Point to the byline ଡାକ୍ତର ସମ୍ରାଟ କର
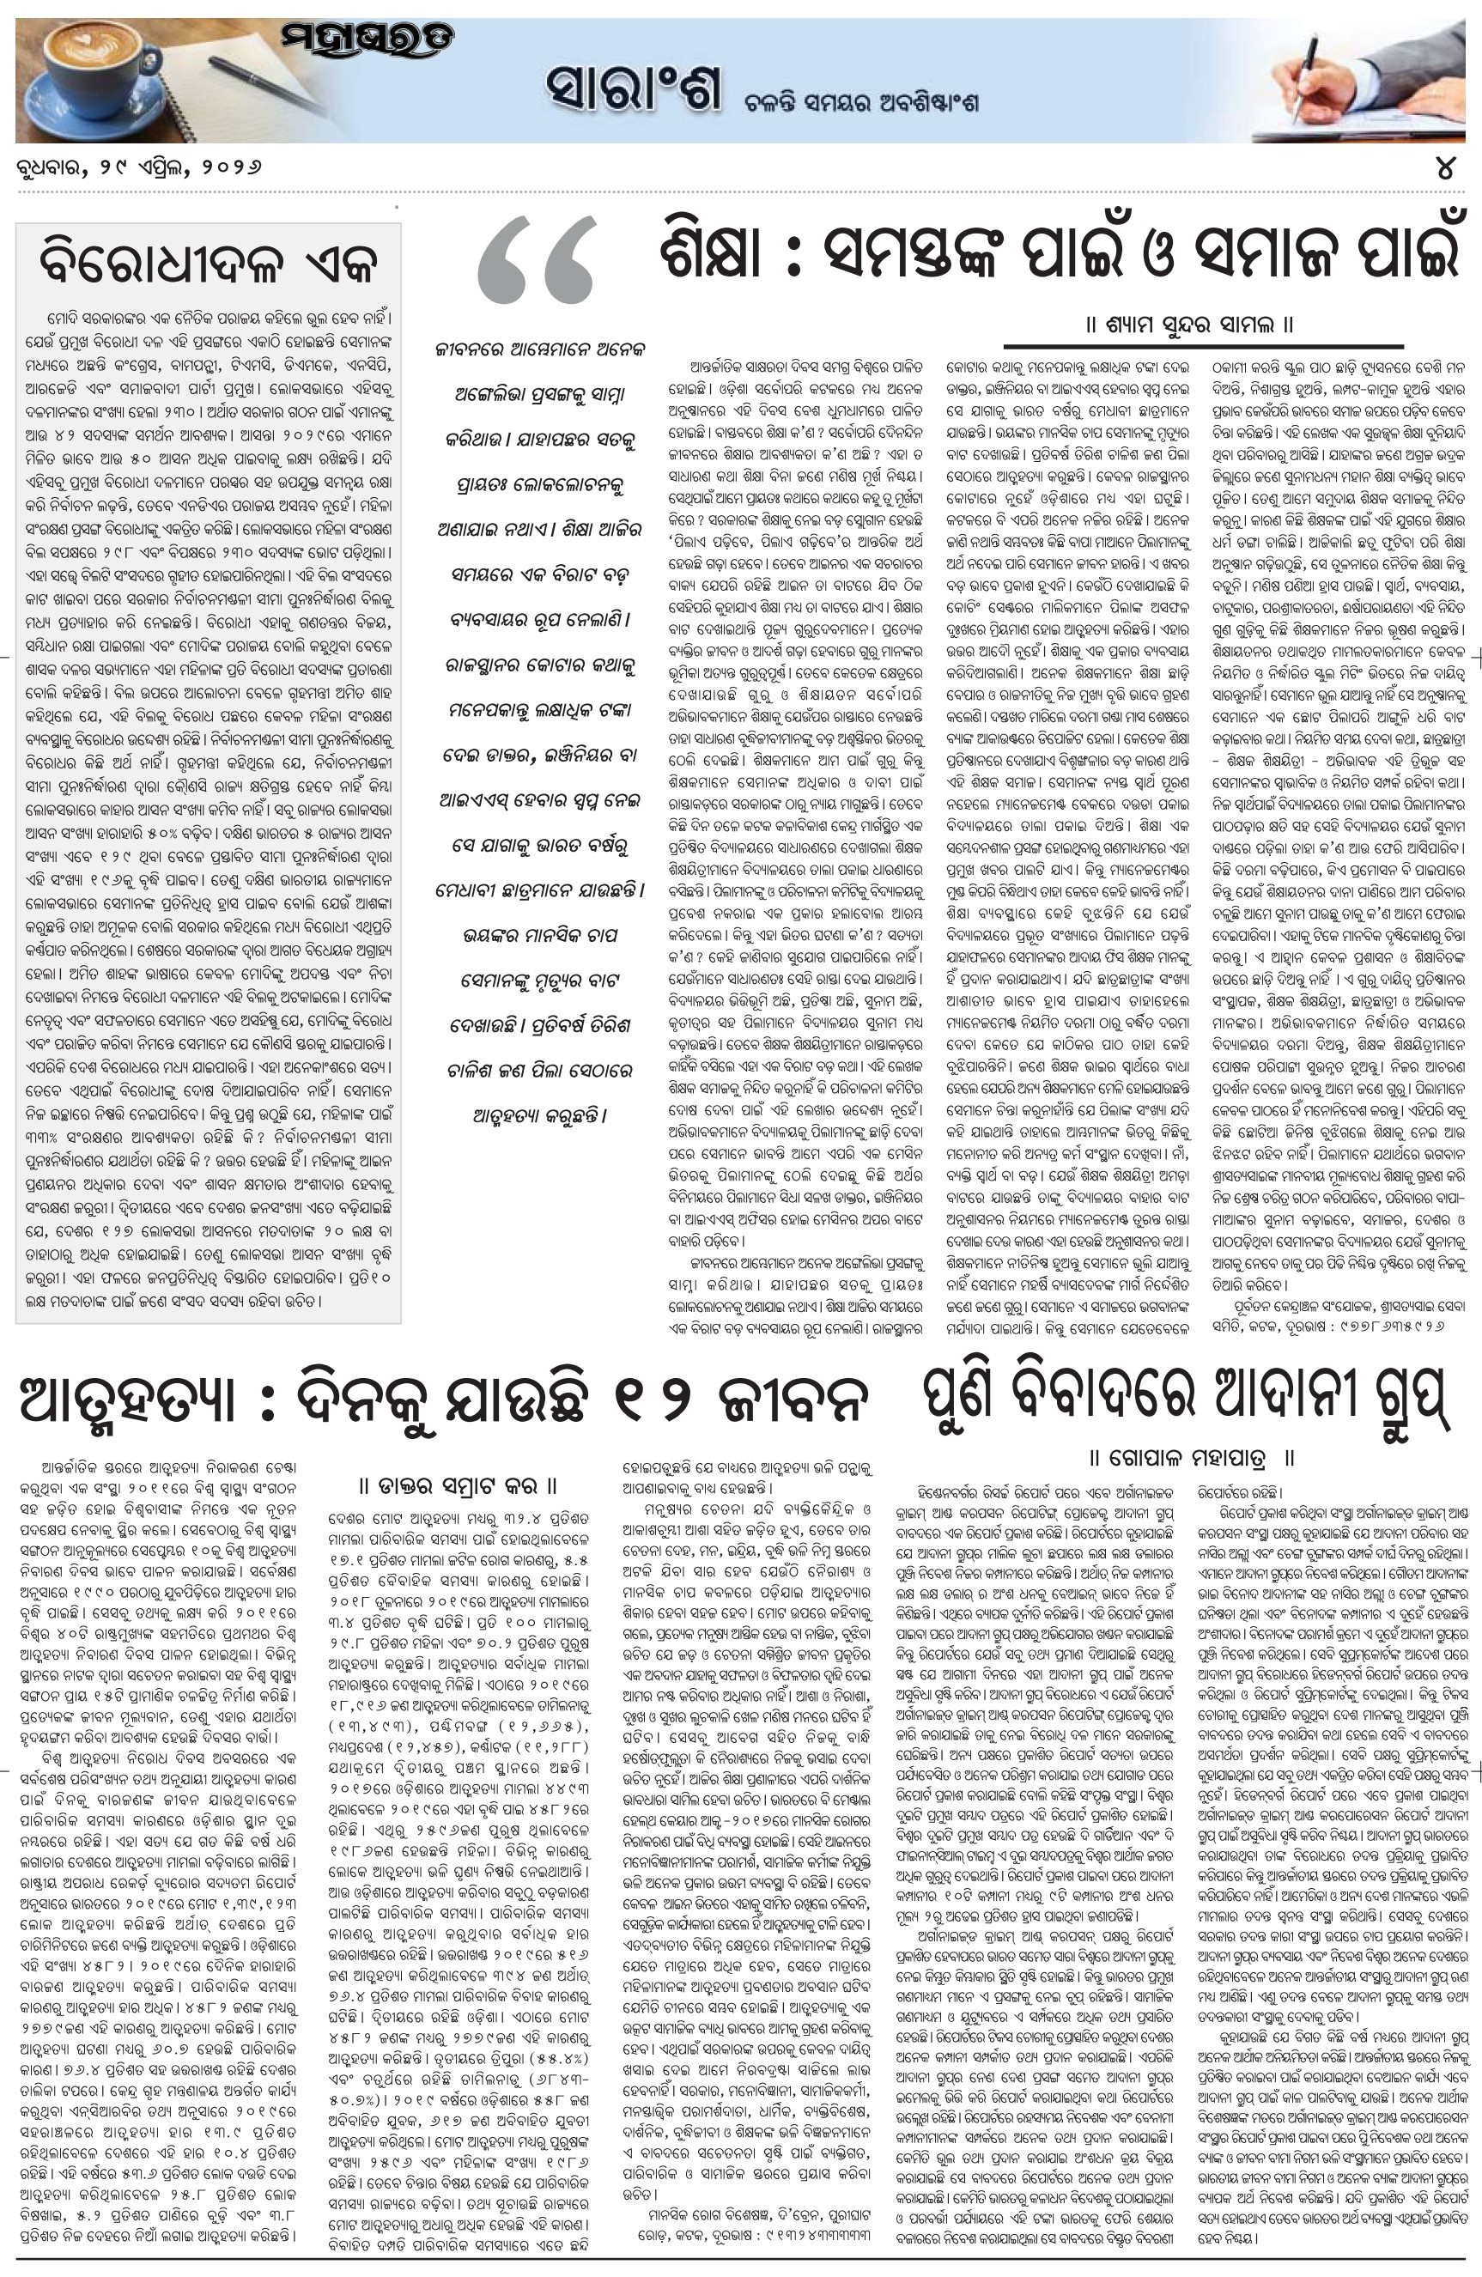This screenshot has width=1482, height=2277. [x=459, y=1485]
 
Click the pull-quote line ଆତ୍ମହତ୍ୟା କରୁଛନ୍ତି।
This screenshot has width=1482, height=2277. [x=541, y=1115]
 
